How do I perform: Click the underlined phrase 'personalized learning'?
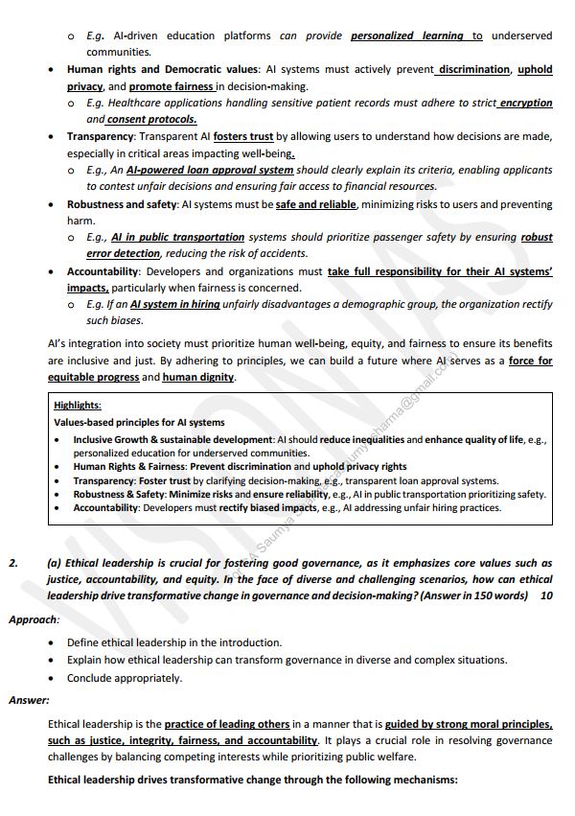click(408, 35)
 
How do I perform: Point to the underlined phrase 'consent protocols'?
click(139, 119)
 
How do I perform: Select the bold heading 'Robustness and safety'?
click(123, 204)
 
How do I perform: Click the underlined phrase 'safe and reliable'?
click(316, 204)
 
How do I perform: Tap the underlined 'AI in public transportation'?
click(177, 237)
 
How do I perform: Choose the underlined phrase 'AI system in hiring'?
click(174, 304)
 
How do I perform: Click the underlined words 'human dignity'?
click(198, 377)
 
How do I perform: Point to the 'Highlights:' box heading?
click(78, 406)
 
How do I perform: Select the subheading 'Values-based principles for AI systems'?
click(139, 422)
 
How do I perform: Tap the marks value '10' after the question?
click(546, 595)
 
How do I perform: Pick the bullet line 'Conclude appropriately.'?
click(124, 678)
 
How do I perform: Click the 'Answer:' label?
click(29, 700)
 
